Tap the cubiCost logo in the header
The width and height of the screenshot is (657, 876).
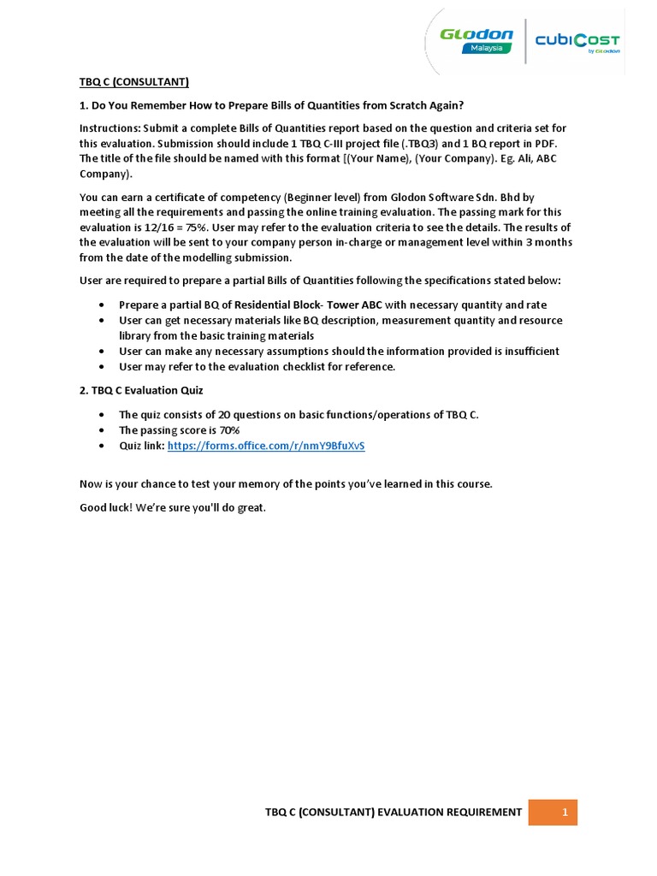577,41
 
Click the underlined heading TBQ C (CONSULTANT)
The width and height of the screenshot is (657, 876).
133,82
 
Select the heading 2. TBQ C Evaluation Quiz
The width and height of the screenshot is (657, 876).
141,390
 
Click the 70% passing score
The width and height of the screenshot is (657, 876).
227,430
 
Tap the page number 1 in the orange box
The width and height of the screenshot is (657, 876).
565,812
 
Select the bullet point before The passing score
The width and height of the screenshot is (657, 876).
103,430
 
